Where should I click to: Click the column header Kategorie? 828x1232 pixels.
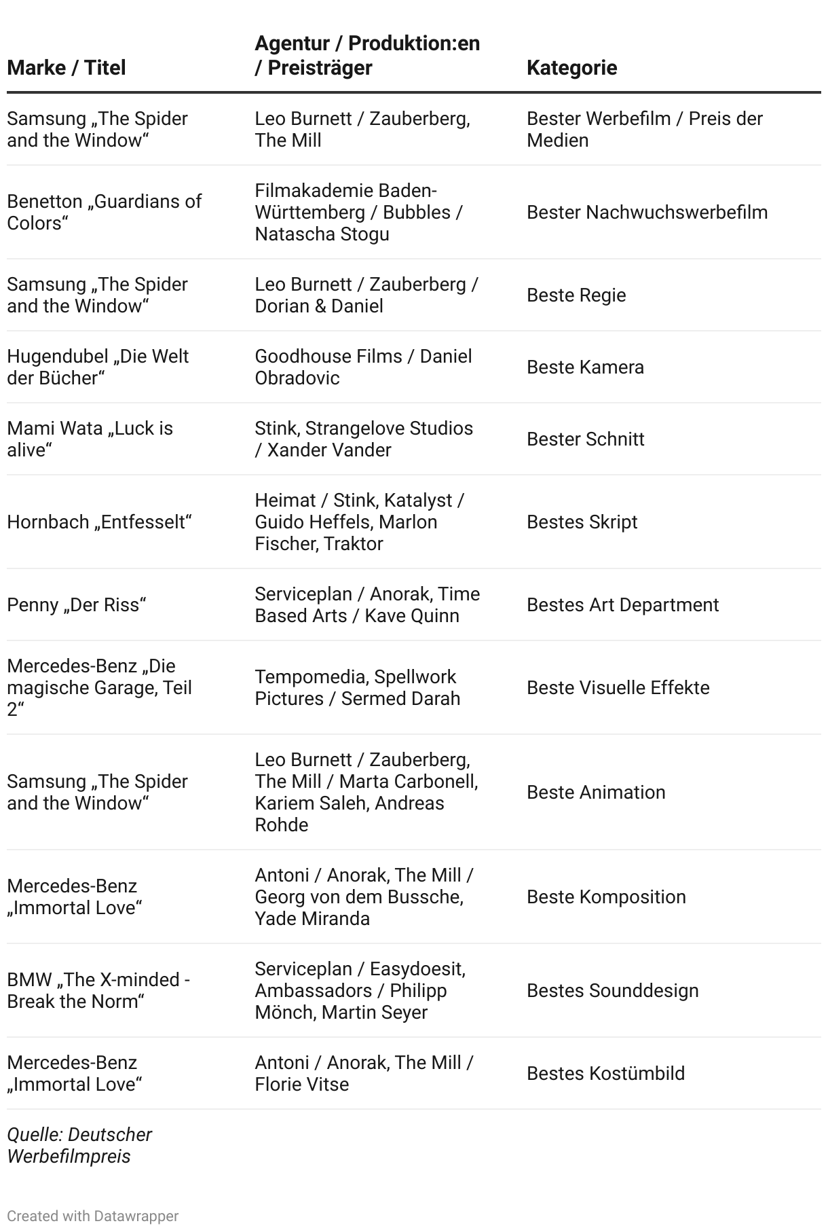(571, 68)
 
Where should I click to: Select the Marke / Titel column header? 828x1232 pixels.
(67, 68)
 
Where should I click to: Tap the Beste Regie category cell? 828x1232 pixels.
(576, 295)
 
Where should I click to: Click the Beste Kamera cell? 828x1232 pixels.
(585, 367)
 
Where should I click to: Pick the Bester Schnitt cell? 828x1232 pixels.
(585, 439)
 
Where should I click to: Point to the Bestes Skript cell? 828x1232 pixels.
(582, 522)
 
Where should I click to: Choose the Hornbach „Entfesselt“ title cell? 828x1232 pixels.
(100, 522)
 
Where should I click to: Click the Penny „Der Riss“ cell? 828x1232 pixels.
(77, 605)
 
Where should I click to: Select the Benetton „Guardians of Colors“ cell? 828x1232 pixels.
(104, 213)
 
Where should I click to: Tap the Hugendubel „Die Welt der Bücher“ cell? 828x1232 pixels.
(98, 367)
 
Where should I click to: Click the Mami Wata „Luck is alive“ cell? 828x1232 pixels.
(90, 439)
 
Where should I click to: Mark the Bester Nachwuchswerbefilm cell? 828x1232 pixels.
(647, 213)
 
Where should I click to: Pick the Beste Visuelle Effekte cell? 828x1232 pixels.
(618, 688)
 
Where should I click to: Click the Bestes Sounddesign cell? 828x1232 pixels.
(612, 991)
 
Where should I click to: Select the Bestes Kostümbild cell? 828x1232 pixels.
(605, 1074)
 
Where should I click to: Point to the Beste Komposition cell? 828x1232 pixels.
(606, 897)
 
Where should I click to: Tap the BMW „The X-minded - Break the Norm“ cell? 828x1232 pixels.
(98, 991)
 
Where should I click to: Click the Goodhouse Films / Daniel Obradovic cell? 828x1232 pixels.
(363, 367)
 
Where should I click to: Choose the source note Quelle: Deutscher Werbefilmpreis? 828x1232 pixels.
(79, 1146)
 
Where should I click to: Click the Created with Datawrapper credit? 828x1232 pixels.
(93, 1216)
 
